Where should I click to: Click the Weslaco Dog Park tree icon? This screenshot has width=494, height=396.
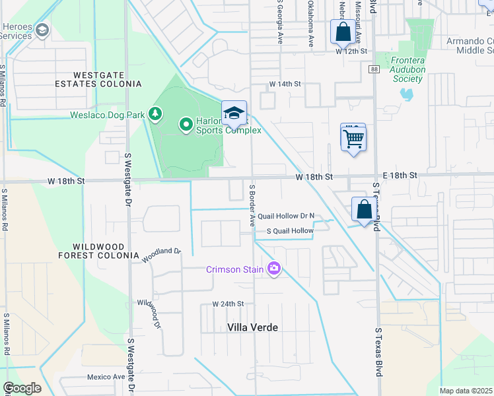coord(155,114)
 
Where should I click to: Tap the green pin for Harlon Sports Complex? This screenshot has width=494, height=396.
coord(186,123)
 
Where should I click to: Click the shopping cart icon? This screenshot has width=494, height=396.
coord(354,139)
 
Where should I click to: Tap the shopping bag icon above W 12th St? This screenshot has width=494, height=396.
coord(343,31)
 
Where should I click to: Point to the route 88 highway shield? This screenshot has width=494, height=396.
coord(374,69)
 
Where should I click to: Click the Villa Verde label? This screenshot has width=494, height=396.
coord(252,327)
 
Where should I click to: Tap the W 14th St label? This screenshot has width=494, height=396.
coord(285,84)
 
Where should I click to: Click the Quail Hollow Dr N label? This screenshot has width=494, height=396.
coord(286,216)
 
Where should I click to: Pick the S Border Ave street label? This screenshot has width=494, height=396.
coord(252,205)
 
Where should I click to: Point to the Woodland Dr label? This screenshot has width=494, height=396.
coord(161,255)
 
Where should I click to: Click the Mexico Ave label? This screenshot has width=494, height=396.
coord(106,377)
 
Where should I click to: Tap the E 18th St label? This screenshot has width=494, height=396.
coord(396,176)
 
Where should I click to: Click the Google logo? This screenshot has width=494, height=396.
coord(22,388)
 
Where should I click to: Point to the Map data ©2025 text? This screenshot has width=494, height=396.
coord(466,391)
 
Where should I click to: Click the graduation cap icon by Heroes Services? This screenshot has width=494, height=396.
coord(43,30)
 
